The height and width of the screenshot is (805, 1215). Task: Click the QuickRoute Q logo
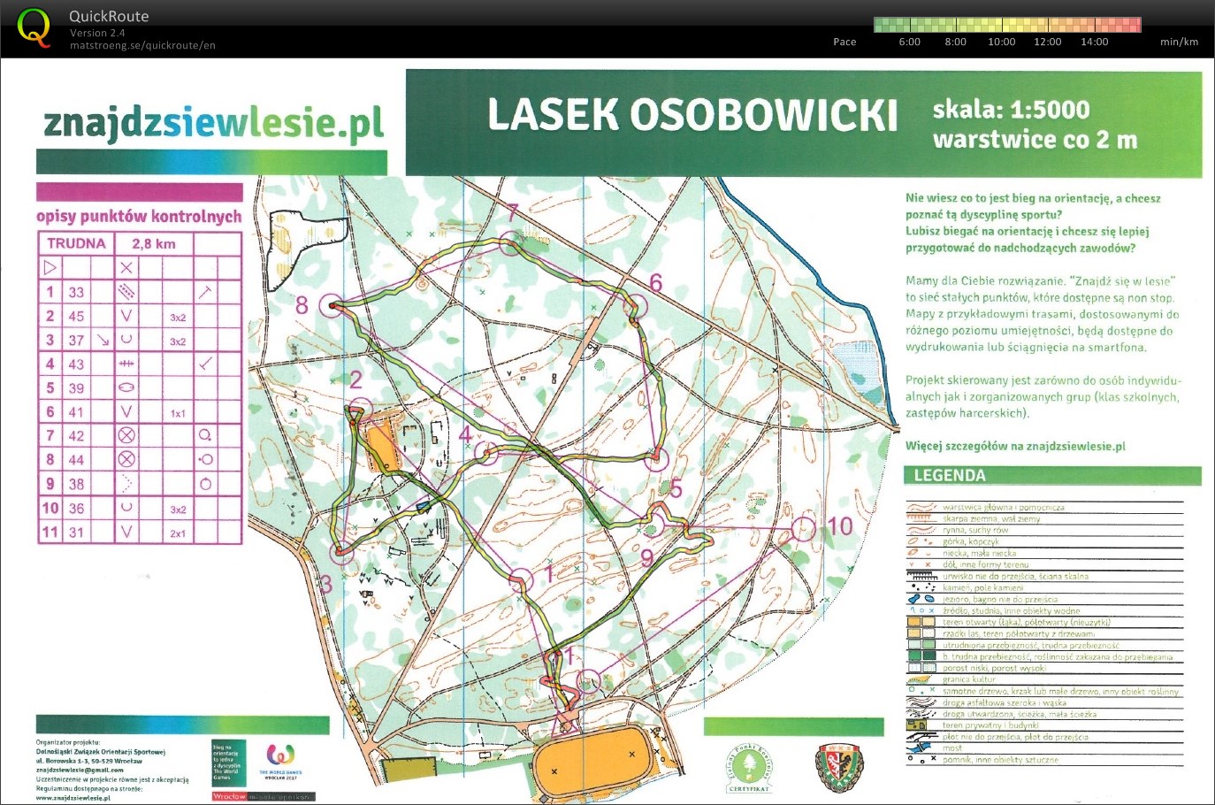pyautogui.click(x=34, y=27)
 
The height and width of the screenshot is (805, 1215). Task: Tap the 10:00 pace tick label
pyautogui.click(x=1001, y=42)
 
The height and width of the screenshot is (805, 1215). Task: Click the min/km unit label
pyautogui.click(x=1179, y=42)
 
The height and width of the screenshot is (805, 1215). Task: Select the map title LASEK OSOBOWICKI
pyautogui.click(x=692, y=115)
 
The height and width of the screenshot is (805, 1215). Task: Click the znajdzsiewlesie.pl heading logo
pyautogui.click(x=213, y=124)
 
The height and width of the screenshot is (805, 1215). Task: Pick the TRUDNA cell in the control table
pyautogui.click(x=76, y=243)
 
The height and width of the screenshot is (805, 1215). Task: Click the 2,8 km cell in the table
pyautogui.click(x=153, y=243)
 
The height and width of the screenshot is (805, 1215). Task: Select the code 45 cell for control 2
pyautogui.click(x=77, y=316)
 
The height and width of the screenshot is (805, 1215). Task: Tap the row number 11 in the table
pyautogui.click(x=50, y=533)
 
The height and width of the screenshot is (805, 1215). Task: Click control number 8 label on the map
pyautogui.click(x=302, y=306)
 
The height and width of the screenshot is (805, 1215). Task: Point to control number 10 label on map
pyautogui.click(x=839, y=527)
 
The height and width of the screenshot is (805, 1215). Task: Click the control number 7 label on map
pyautogui.click(x=513, y=213)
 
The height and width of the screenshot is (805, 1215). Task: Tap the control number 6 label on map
pyautogui.click(x=655, y=283)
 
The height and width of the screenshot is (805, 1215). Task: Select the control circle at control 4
pyautogui.click(x=485, y=453)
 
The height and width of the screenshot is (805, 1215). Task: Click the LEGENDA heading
pyautogui.click(x=950, y=476)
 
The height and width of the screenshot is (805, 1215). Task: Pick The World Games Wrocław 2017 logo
pyautogui.click(x=280, y=760)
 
